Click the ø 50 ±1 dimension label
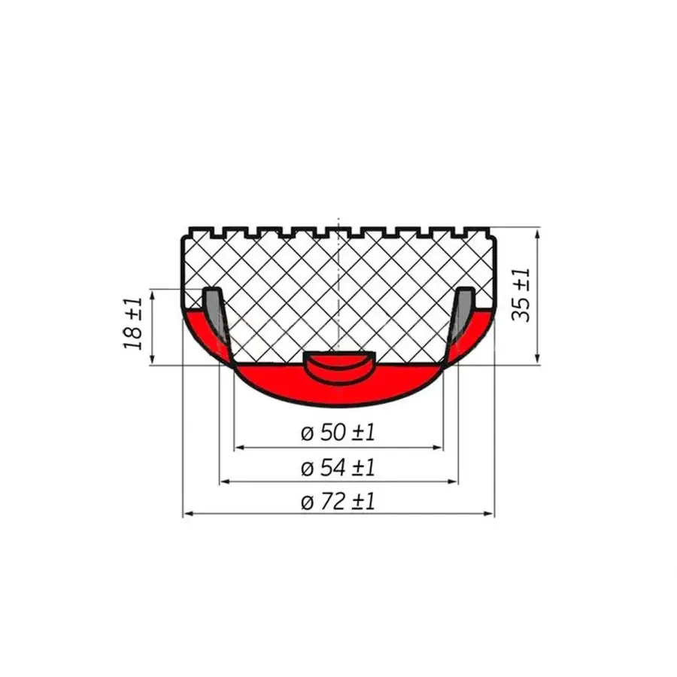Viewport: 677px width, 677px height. tap(338, 433)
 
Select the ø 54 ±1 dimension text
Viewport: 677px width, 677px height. tap(338, 468)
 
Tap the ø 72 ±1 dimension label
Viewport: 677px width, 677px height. tap(338, 502)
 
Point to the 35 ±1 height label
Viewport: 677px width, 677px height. tap(521, 295)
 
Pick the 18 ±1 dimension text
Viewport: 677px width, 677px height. tap(133, 323)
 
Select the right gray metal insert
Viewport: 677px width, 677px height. tap(463, 311)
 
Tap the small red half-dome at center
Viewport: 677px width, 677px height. tap(339, 367)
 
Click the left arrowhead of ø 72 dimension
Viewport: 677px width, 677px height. tap(188, 514)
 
